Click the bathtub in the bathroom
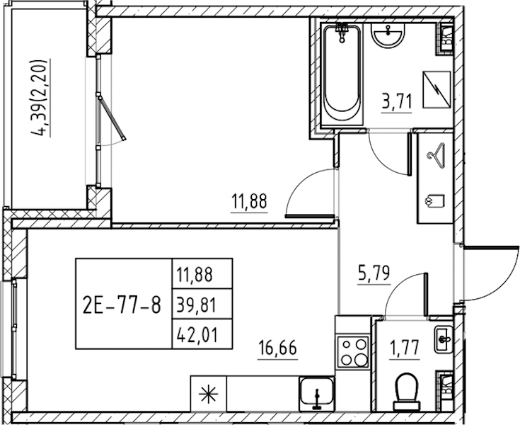(x=342, y=74)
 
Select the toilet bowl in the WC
(x=407, y=392)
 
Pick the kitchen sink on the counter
(x=317, y=394)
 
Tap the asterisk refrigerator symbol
(x=208, y=394)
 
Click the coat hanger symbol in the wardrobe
(x=436, y=154)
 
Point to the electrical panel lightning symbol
(x=437, y=89)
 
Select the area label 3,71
(x=397, y=101)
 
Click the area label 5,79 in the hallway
(x=374, y=273)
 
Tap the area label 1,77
(x=405, y=348)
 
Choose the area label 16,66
(x=277, y=348)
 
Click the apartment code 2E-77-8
(x=122, y=305)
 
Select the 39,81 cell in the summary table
(x=197, y=305)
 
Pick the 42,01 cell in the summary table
(x=197, y=334)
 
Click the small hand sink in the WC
(x=443, y=339)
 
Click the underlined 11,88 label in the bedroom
(x=249, y=202)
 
